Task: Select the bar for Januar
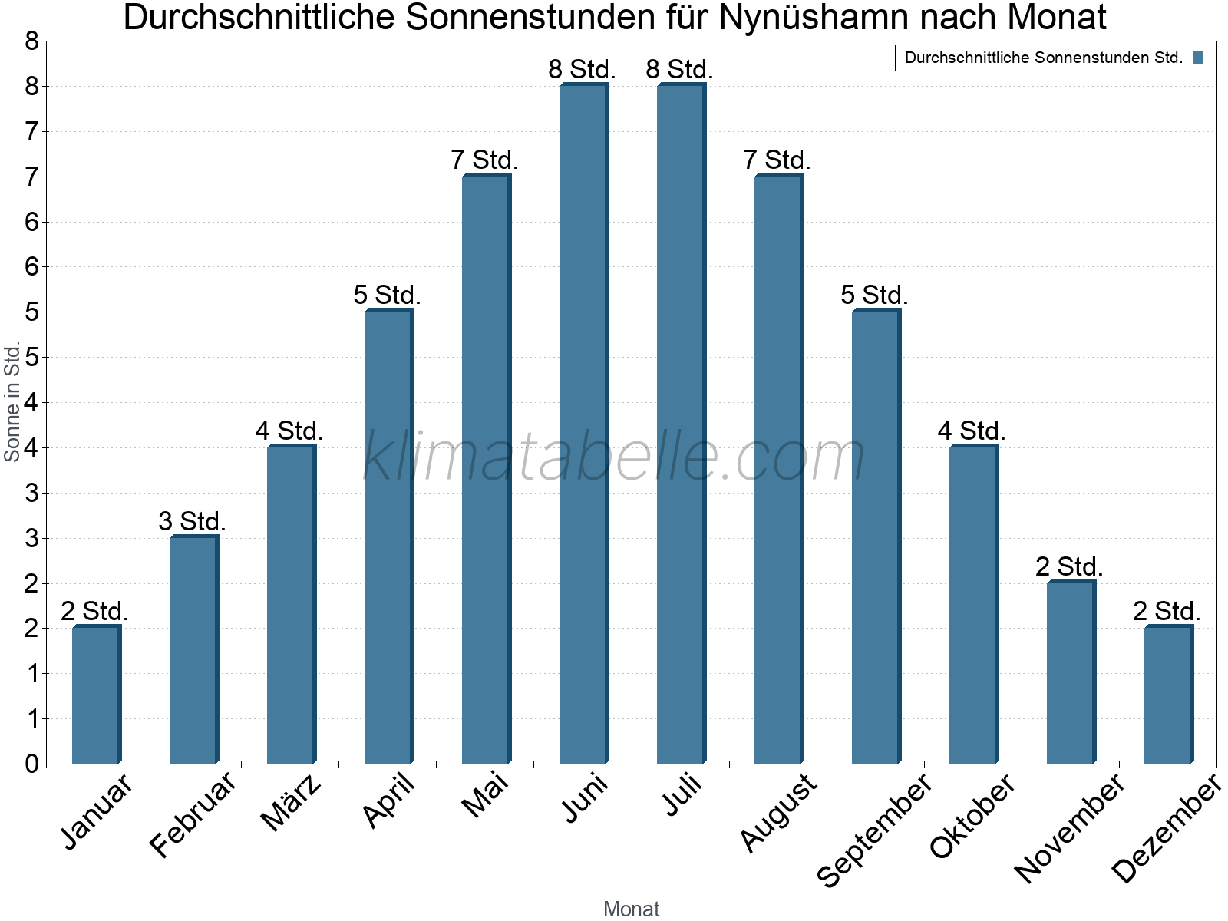tap(96, 695)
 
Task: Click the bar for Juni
tap(583, 424)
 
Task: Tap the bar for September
tap(876, 536)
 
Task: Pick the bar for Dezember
tap(1168, 695)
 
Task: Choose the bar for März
tap(291, 604)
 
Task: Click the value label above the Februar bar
tap(192, 522)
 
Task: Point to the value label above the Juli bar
tap(679, 70)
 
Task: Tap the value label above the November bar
tap(1068, 567)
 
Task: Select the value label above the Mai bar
tap(484, 160)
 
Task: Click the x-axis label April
tap(390, 801)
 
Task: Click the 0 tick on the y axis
tap(31, 764)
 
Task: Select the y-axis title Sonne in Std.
tap(12, 402)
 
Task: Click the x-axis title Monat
tap(631, 909)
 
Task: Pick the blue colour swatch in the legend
tap(1198, 58)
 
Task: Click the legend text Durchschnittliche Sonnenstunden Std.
tap(1043, 58)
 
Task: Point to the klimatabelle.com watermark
tap(614, 457)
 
